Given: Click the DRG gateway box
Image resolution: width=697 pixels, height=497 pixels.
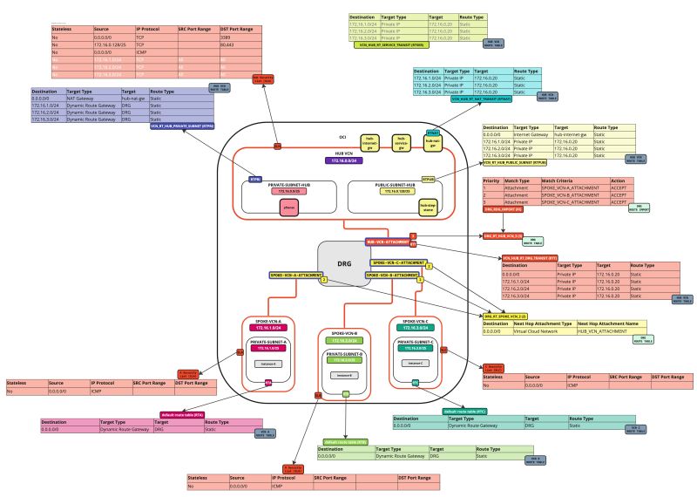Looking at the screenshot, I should point(345,263).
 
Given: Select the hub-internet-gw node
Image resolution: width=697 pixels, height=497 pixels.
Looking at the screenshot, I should point(371,144).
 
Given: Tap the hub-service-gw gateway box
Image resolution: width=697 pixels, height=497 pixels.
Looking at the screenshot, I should point(401,144).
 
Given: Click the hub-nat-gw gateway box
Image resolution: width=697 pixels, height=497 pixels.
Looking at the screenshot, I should point(430,144).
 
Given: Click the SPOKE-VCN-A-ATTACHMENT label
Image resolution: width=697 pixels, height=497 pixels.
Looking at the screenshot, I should point(294,275).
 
